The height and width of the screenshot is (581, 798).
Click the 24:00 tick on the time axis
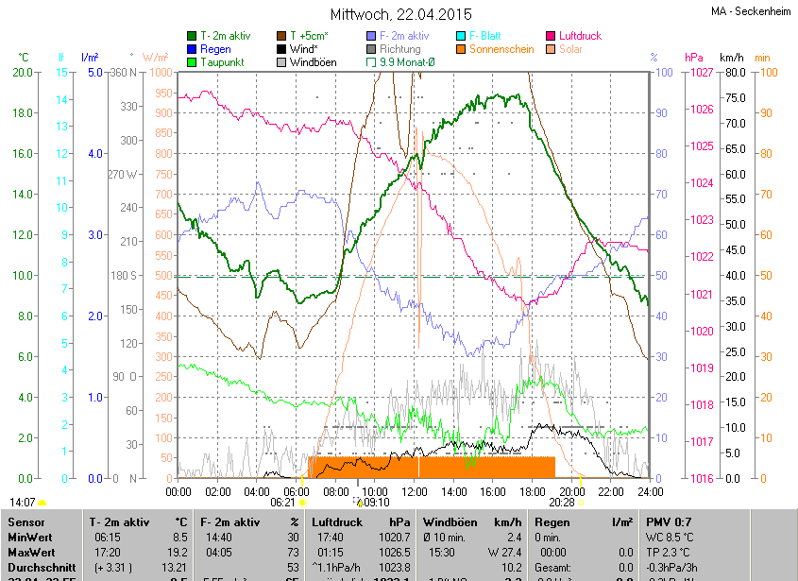point(649,491)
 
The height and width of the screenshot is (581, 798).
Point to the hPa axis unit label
point(694,58)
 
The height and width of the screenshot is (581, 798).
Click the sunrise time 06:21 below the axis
point(282,503)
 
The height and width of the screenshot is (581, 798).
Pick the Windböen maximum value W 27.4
point(501,552)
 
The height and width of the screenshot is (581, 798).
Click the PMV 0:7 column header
point(671,521)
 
